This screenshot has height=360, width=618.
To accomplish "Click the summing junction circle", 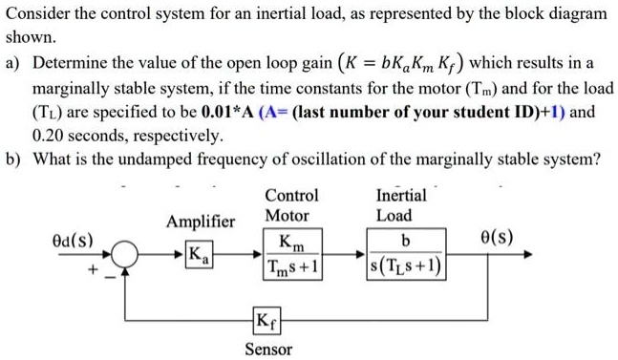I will coord(125,255).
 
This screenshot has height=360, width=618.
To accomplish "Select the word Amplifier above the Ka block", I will coord(200,222).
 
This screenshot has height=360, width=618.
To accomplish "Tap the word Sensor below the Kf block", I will coord(268,349).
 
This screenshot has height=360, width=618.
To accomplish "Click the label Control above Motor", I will coord(291,195).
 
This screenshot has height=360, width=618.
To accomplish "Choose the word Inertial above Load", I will coord(401,195).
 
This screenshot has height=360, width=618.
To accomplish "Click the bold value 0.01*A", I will coord(232,112).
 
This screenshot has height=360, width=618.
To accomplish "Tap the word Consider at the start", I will coord(37,15).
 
